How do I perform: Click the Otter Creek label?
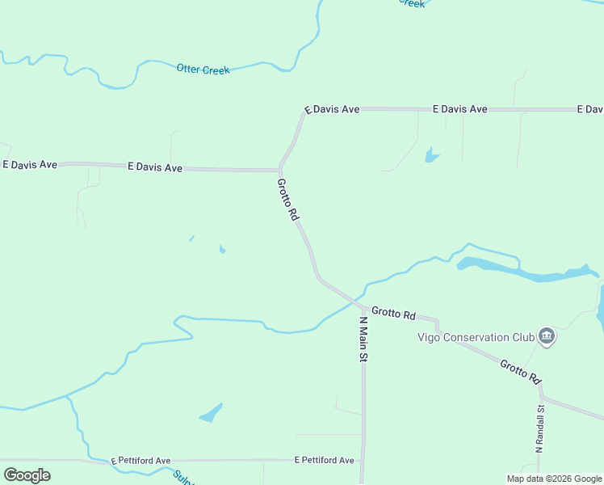click(203, 70)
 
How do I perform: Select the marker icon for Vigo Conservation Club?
click(547, 335)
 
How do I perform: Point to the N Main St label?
click(363, 339)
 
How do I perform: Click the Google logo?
click(27, 475)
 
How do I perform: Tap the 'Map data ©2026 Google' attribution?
click(555, 479)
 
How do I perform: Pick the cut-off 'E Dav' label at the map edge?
click(589, 109)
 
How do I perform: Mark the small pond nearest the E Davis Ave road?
click(432, 154)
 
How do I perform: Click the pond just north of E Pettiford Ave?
click(212, 413)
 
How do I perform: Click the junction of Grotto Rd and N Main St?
click(359, 306)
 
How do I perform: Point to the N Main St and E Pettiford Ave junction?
click(363, 461)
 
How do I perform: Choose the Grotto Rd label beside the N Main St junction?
click(393, 314)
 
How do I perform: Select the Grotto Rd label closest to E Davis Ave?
click(288, 200)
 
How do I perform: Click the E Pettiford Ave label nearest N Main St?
click(324, 460)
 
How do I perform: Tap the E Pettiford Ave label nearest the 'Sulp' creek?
click(141, 460)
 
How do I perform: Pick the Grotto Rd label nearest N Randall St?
click(520, 371)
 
